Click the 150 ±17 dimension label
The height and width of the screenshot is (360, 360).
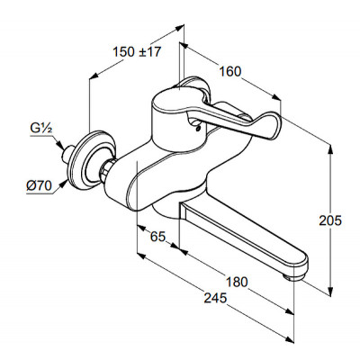pyautogui.click(x=137, y=52)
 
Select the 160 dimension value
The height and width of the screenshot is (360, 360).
pyautogui.click(x=230, y=71)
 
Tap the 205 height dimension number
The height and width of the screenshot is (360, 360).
pyautogui.click(x=330, y=220)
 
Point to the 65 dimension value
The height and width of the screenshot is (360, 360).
pyautogui.click(x=157, y=237)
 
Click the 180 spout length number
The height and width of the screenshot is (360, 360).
pyautogui.click(x=237, y=282)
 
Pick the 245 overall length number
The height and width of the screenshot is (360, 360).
pyautogui.click(x=215, y=298)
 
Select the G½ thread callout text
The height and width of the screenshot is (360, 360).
pyautogui.click(x=41, y=129)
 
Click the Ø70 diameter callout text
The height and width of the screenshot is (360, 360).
pyautogui.click(x=39, y=186)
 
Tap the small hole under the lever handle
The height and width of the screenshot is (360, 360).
pyautogui.click(x=197, y=129)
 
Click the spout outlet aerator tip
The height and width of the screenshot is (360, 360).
pyautogui.click(x=294, y=276)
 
